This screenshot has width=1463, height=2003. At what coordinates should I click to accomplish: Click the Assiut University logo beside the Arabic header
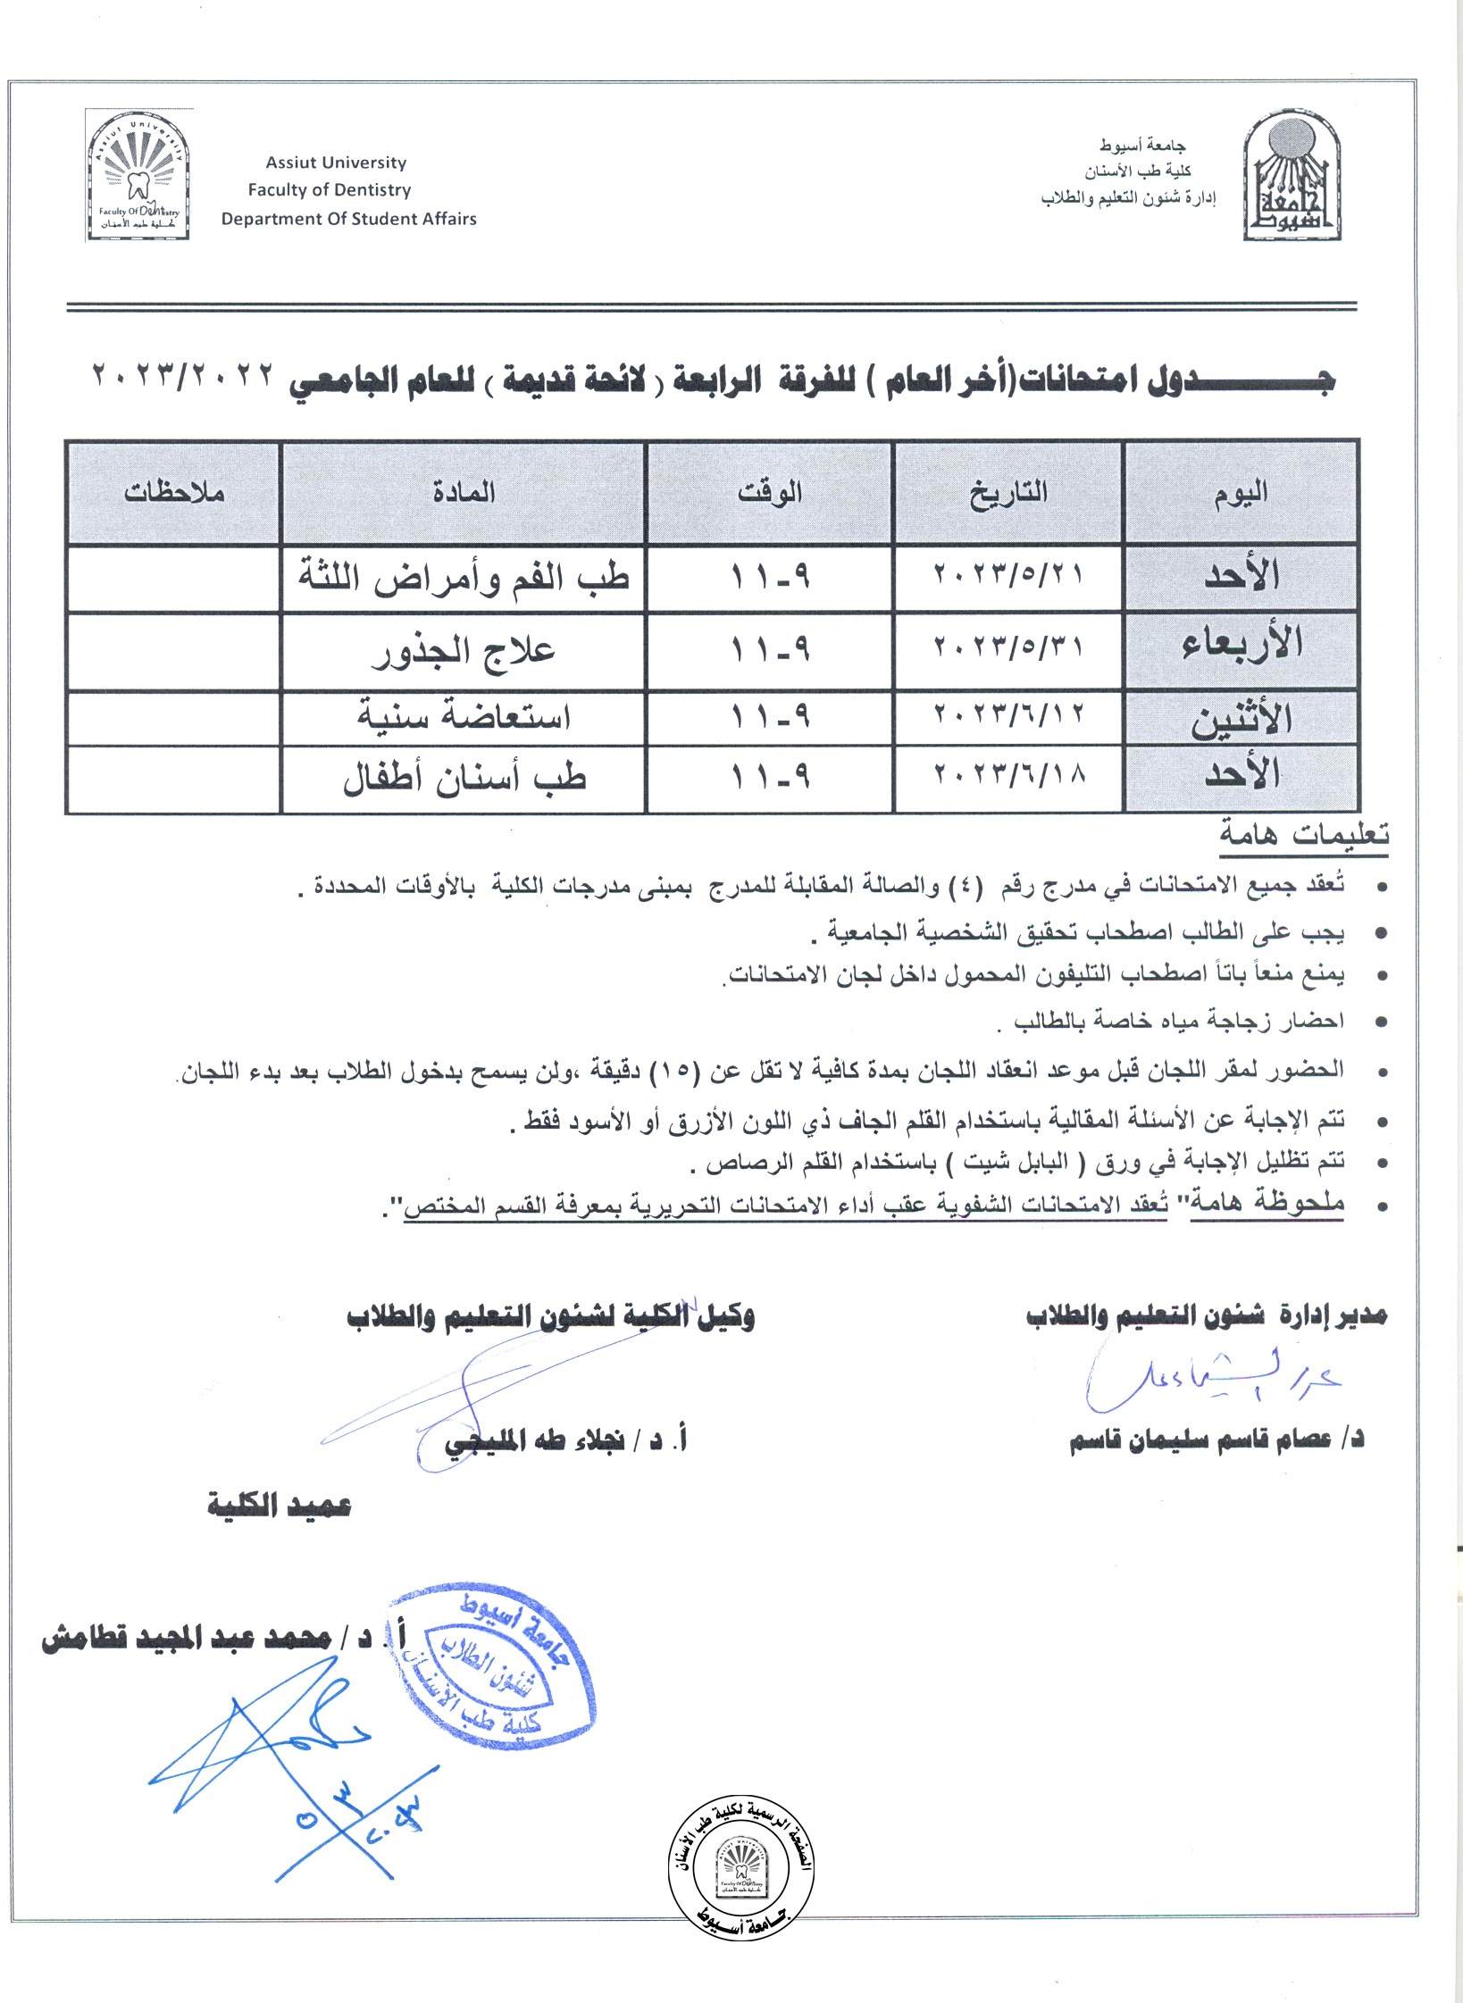click(1292, 178)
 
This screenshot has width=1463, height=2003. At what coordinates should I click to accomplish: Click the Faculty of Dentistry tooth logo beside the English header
click(138, 176)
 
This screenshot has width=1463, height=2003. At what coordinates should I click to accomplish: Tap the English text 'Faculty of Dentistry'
click(330, 190)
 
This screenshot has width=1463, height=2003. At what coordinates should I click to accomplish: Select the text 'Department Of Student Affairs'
click(349, 219)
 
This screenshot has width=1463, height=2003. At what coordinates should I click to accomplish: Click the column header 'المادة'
click(464, 492)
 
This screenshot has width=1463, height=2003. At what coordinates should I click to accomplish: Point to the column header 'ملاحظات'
click(174, 492)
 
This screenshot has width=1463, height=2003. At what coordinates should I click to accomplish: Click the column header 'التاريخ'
click(1008, 492)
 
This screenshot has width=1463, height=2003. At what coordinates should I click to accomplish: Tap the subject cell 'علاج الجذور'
click(464, 651)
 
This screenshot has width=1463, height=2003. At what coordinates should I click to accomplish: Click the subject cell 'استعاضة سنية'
click(464, 717)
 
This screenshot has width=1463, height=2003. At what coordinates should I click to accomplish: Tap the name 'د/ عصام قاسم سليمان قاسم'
click(1216, 1440)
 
